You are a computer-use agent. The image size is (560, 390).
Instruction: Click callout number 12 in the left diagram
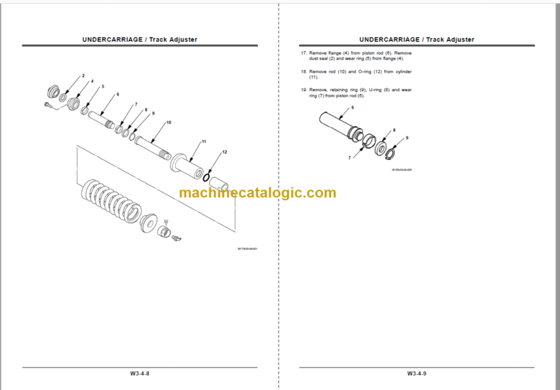(225, 152)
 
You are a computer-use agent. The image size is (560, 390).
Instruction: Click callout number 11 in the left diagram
(204, 141)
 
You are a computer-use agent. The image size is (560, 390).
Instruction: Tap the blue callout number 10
(168, 122)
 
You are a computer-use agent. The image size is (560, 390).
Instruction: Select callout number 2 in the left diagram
(83, 76)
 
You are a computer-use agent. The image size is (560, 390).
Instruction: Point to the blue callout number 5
(103, 87)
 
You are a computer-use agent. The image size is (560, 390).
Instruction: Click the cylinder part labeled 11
(190, 165)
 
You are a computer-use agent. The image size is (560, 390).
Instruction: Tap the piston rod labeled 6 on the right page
(338, 124)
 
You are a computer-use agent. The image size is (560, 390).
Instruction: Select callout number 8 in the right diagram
(394, 130)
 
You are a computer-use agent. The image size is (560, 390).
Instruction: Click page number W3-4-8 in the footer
(139, 373)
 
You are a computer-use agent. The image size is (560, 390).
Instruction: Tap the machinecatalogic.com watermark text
(257, 193)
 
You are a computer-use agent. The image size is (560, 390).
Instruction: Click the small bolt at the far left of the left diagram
(49, 104)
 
